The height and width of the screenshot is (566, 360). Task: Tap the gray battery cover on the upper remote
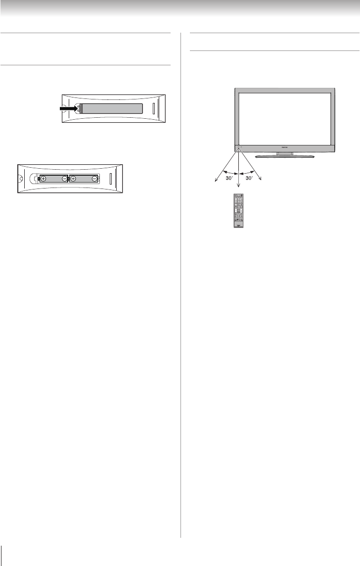coord(112,108)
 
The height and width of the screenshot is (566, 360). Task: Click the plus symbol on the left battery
coord(44,179)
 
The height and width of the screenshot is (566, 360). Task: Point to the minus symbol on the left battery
coord(64,179)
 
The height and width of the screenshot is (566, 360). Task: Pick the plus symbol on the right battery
coord(73,179)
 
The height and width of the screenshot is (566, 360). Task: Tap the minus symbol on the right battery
coord(94,179)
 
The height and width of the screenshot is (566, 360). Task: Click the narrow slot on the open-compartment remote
coord(110,179)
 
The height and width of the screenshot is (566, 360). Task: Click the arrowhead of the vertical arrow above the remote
coord(239,187)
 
